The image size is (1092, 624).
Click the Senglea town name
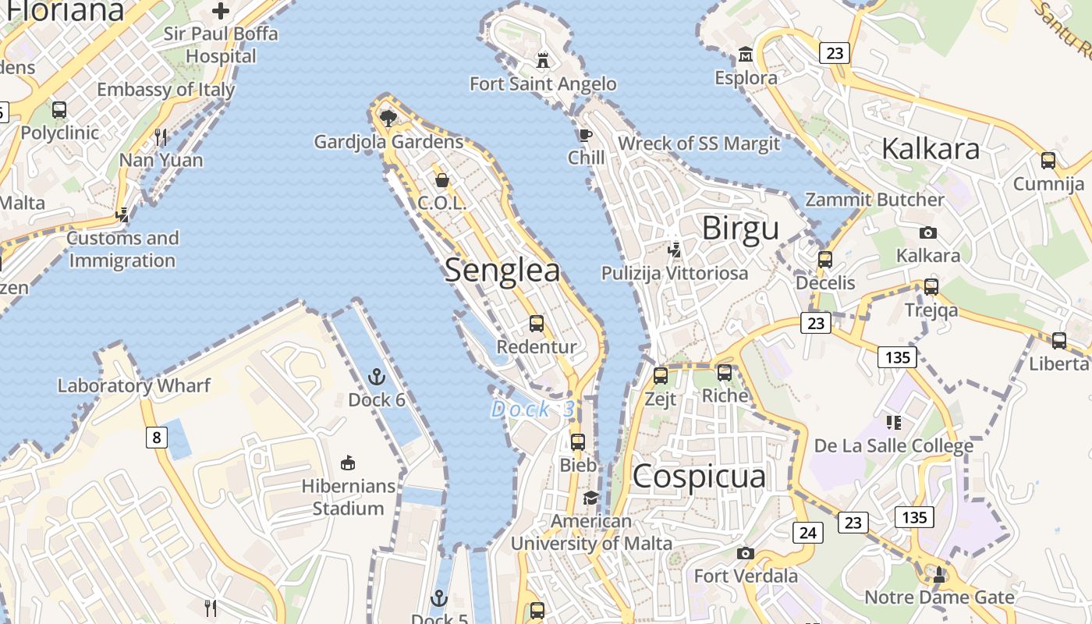pos(502,271)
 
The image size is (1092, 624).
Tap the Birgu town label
pos(740,229)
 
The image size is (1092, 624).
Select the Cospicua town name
pos(699,476)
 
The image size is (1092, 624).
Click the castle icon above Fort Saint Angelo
pos(543,59)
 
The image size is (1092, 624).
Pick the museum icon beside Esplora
pos(746,55)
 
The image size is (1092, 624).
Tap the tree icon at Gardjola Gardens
pos(388,118)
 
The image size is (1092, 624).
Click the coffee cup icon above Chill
pos(586,135)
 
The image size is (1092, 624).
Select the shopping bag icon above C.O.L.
pos(442,180)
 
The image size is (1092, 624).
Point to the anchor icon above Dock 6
pos(377,377)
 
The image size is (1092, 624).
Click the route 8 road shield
pos(156,438)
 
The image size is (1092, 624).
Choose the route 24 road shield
pos(807,533)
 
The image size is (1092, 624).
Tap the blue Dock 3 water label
pos(533,409)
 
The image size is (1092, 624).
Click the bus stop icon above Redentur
pos(537,323)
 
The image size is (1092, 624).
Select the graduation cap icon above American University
pos(590,498)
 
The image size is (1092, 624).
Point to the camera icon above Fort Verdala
pos(746,553)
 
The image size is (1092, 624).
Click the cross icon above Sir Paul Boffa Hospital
pos(221,11)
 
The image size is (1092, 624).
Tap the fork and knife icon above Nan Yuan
pos(161,137)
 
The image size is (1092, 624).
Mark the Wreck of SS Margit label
pos(699,144)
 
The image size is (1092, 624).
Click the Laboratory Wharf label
pos(134,385)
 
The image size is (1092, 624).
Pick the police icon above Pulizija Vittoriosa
pos(675,250)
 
